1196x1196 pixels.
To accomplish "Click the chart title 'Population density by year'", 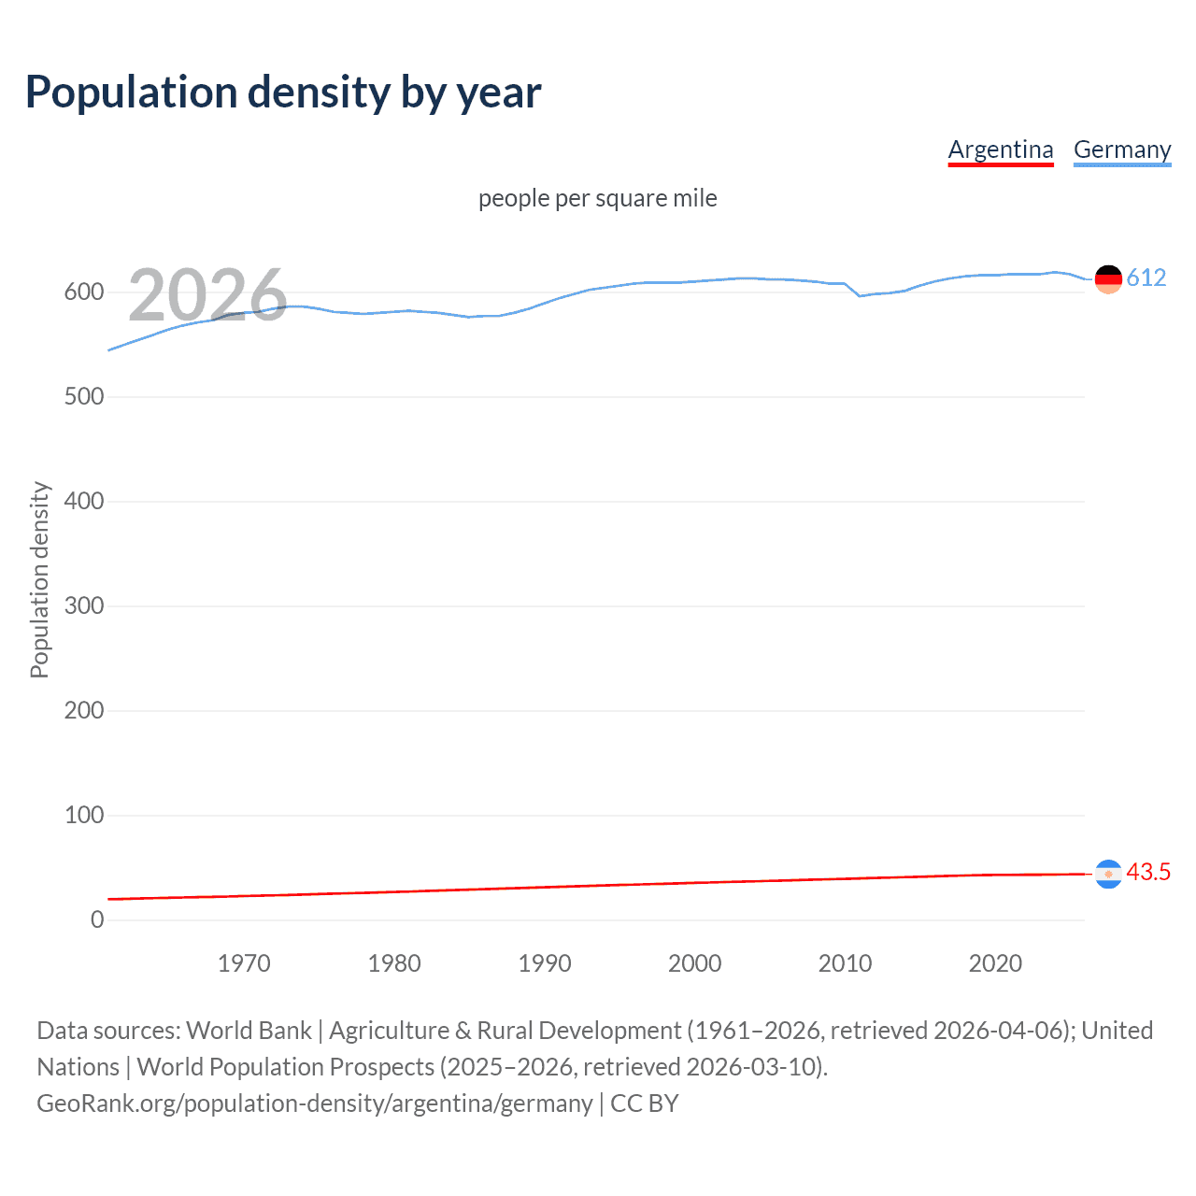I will pyautogui.click(x=283, y=93).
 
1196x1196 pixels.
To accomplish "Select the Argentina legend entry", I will pyautogui.click(x=1000, y=149).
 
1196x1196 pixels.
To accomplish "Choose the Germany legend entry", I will pyautogui.click(x=1121, y=149).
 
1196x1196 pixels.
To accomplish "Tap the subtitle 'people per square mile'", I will pyautogui.click(x=597, y=198).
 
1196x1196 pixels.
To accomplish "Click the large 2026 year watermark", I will pyautogui.click(x=207, y=295).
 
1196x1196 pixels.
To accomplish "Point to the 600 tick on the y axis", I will pyautogui.click(x=84, y=292).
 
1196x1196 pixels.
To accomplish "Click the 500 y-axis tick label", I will pyautogui.click(x=84, y=397).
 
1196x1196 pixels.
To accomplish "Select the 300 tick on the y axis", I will pyautogui.click(x=84, y=606).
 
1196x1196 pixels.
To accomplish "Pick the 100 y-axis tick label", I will pyautogui.click(x=84, y=816).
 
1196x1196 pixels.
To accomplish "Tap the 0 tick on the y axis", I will pyautogui.click(x=97, y=920).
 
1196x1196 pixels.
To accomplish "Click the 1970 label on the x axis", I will pyautogui.click(x=244, y=963).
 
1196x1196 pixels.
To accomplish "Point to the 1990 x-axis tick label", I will pyautogui.click(x=545, y=963).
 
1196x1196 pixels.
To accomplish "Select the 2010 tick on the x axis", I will pyautogui.click(x=845, y=963).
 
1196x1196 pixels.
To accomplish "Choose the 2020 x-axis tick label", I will pyautogui.click(x=995, y=963).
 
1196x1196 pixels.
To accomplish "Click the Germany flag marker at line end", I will pyautogui.click(x=1108, y=278).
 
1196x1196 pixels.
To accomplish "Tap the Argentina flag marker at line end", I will pyautogui.click(x=1108, y=874).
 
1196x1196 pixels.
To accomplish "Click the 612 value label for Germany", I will pyautogui.click(x=1146, y=278).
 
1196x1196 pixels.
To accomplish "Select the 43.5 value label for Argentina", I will pyautogui.click(x=1148, y=872).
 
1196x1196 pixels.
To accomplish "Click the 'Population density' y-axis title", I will pyautogui.click(x=39, y=579).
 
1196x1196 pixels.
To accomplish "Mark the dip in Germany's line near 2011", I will pyautogui.click(x=860, y=295).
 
